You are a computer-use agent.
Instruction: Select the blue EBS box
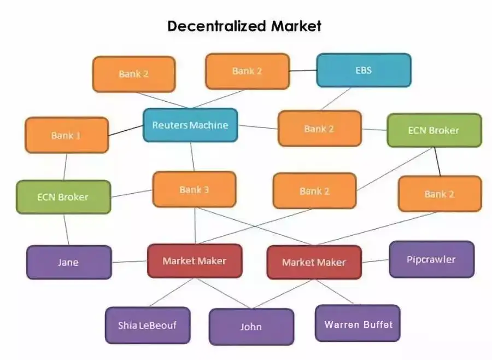[364, 71]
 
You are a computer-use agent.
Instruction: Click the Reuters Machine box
[190, 125]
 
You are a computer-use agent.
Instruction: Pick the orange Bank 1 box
[66, 135]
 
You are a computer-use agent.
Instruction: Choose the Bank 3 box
[194, 190]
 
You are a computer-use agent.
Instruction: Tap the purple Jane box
[68, 262]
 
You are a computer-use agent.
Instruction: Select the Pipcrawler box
[431, 259]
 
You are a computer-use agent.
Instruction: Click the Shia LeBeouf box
[147, 325]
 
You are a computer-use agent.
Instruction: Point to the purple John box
[251, 327]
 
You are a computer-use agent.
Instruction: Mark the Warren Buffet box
[358, 324]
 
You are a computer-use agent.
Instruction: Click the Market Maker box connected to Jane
[194, 261]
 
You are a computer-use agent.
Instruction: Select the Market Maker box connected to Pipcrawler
[314, 262]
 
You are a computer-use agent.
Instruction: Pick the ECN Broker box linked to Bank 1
[63, 197]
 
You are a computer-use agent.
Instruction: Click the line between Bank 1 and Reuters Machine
[126, 131]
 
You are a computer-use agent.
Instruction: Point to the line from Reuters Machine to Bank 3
[192, 156]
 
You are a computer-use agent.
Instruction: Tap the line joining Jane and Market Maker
[130, 262]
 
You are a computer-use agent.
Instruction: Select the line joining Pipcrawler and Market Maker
[375, 261]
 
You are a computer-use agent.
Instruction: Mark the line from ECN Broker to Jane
[66, 229]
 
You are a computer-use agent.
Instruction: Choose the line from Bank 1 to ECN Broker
[65, 166]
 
